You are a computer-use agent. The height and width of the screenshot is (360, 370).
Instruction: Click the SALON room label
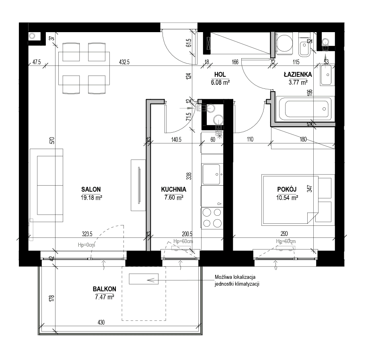tap(91, 189)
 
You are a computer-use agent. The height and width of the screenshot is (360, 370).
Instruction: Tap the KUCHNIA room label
tap(174, 189)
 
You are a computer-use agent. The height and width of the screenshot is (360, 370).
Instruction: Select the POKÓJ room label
tap(287, 189)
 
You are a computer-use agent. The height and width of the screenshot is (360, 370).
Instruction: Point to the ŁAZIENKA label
tap(298, 74)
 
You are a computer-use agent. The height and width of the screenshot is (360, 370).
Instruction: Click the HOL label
tap(220, 74)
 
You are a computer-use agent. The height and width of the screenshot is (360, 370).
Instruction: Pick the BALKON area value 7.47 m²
tap(105, 297)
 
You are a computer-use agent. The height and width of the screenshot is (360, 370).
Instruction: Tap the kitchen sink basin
tap(212, 174)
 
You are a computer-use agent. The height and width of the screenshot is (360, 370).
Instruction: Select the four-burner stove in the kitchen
tap(212, 218)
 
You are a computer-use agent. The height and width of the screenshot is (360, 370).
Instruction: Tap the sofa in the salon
tap(47, 185)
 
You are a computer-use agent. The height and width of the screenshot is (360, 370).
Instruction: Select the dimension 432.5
tap(124, 62)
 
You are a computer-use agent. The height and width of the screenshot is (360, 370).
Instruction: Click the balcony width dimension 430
tap(101, 322)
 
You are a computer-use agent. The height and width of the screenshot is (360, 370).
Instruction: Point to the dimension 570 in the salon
tap(52, 141)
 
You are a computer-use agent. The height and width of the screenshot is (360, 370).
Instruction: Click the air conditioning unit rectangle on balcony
tap(144, 279)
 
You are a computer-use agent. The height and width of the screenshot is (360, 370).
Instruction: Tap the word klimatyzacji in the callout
tap(247, 284)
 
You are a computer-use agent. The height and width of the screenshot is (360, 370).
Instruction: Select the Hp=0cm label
tap(86, 245)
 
